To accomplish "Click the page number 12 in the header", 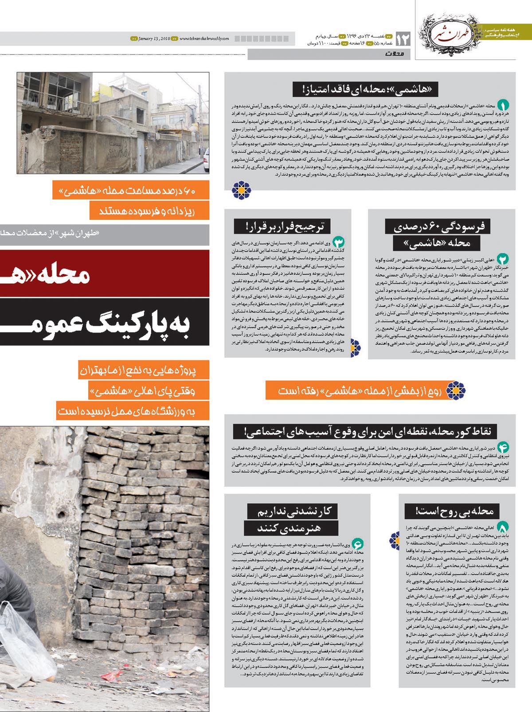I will pyautogui.click(x=403, y=39).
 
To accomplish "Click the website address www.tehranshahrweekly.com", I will pyautogui.click(x=204, y=39).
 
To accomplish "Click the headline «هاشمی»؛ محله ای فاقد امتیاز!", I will pyautogui.click(x=365, y=89).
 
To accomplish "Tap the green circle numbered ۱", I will pyautogui.click(x=503, y=106).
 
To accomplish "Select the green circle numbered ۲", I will pyautogui.click(x=503, y=259).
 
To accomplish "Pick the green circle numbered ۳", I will pyautogui.click(x=338, y=242).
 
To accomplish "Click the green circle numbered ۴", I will pyautogui.click(x=503, y=447).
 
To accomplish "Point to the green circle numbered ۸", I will pyautogui.click(x=503, y=527).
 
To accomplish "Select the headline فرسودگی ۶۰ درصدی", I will pyautogui.click(x=439, y=227).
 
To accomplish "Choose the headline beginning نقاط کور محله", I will pyautogui.click(x=368, y=431).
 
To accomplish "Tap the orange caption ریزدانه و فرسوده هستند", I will pyautogui.click(x=148, y=211).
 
